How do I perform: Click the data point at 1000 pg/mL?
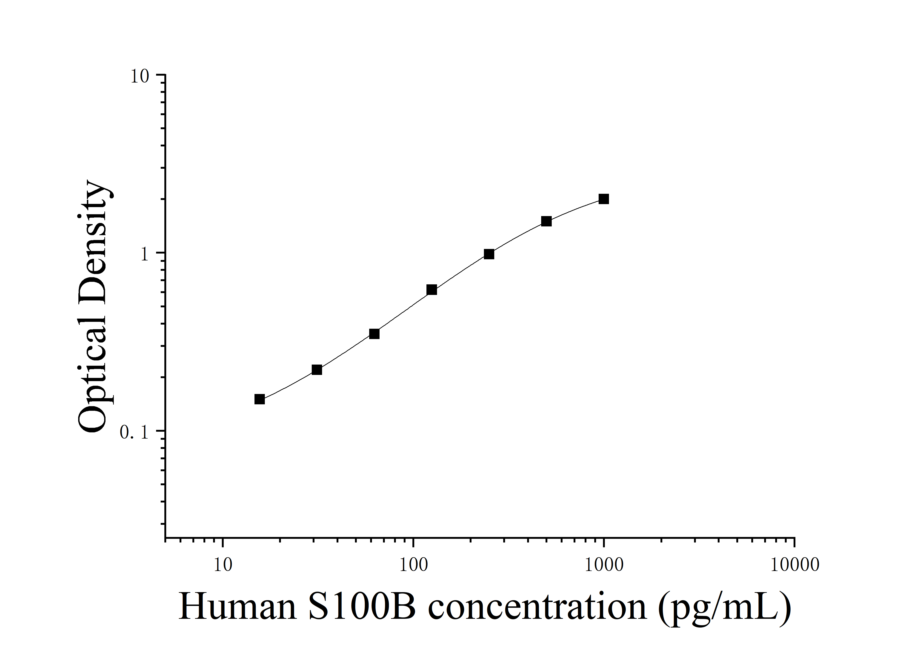[x=603, y=199]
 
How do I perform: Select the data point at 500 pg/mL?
[x=546, y=221]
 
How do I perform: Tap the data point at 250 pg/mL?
[x=489, y=254]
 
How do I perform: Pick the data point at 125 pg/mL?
[x=431, y=290]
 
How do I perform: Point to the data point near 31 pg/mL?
[x=317, y=370]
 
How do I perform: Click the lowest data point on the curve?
[x=260, y=399]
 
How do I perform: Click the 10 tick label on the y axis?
[x=140, y=76]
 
